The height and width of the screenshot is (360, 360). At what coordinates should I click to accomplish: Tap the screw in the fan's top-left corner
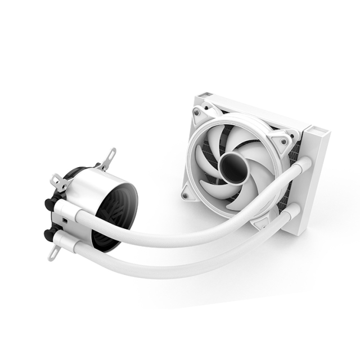click(x=197, y=112)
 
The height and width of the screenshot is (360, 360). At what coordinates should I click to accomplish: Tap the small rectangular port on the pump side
click(x=66, y=222)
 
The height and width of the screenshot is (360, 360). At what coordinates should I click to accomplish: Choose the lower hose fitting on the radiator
click(x=292, y=212)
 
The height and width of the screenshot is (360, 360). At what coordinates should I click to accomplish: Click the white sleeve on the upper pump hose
click(x=71, y=211)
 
